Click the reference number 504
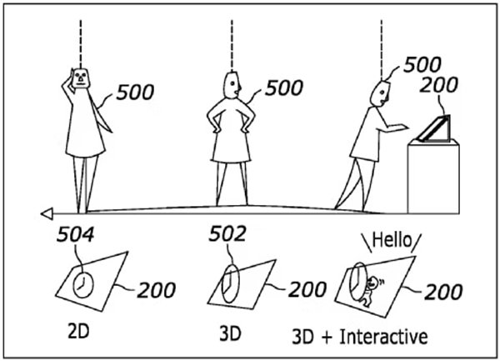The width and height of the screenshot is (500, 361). (76, 234)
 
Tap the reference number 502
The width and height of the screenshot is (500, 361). (227, 233)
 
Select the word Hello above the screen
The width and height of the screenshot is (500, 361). (392, 240)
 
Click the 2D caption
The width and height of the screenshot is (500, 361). (78, 331)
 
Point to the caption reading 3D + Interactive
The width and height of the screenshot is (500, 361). (360, 337)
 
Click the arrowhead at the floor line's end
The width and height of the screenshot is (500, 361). (47, 213)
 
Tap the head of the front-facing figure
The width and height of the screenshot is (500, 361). (81, 78)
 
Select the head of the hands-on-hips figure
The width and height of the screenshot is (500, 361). (232, 85)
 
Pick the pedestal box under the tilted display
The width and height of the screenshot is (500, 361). (433, 177)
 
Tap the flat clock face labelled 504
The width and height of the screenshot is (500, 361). (83, 285)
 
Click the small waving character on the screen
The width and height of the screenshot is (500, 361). (370, 291)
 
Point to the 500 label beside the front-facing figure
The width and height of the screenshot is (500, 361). (135, 93)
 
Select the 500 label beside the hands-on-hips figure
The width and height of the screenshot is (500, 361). (284, 88)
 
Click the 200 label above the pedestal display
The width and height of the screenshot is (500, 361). (439, 85)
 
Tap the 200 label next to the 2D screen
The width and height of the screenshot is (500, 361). (157, 290)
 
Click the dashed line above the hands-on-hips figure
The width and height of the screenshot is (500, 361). (232, 46)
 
